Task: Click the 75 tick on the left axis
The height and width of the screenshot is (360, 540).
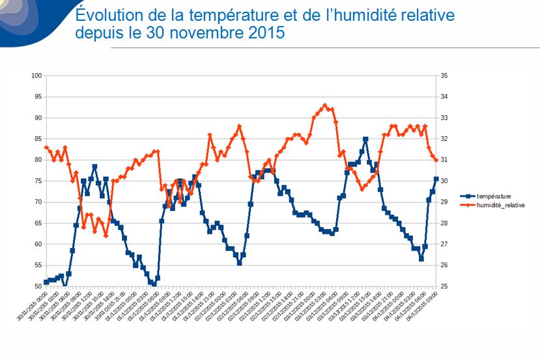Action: [x=38, y=181]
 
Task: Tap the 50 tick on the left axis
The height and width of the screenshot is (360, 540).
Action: [x=38, y=286]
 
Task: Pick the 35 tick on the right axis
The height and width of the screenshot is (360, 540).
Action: [x=444, y=76]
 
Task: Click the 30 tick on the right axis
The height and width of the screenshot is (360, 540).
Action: [x=444, y=181]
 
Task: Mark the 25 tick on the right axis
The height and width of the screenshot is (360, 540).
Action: [x=444, y=286]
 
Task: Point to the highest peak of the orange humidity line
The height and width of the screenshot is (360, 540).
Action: [x=325, y=105]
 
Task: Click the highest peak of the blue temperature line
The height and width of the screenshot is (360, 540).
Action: [x=365, y=139]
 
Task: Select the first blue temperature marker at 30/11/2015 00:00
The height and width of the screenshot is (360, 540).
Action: [x=46, y=282]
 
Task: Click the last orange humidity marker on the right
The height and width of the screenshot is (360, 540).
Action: [x=436, y=159]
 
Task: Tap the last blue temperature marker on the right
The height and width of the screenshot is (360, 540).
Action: [x=436, y=179]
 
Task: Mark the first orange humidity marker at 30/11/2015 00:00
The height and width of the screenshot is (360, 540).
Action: [x=46, y=147]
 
